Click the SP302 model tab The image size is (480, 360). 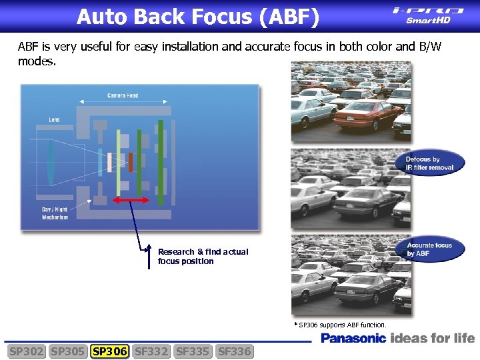[26, 351]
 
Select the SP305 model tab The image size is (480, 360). [68, 351]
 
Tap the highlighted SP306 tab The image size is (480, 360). [110, 351]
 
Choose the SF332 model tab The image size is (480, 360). [151, 351]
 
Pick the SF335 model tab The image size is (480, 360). [193, 351]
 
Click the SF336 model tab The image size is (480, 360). [235, 351]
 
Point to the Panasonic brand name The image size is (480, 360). [353, 339]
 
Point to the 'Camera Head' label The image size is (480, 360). [123, 95]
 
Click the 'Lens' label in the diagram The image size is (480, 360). [54, 120]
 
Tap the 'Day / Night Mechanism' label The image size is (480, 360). [55, 213]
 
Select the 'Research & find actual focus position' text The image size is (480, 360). [203, 257]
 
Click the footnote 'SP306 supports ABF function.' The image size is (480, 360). [340, 325]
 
